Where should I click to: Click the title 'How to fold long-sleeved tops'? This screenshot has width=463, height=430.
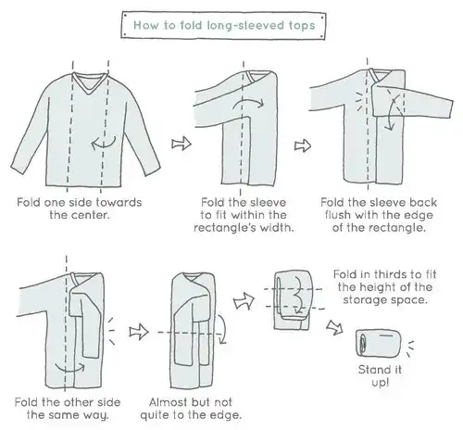click(x=224, y=25)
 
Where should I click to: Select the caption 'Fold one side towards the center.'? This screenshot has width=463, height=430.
click(x=80, y=209)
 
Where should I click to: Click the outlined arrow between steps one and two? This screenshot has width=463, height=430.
click(x=181, y=144)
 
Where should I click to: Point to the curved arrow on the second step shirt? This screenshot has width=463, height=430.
click(x=248, y=103)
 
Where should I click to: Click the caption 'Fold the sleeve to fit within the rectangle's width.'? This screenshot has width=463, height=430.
click(x=244, y=215)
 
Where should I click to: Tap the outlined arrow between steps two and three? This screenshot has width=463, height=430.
click(x=303, y=145)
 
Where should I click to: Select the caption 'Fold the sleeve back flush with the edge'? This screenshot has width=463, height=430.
click(x=379, y=209)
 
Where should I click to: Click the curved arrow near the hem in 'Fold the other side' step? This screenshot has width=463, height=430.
click(x=69, y=368)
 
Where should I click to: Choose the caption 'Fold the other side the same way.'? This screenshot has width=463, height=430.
click(x=68, y=409)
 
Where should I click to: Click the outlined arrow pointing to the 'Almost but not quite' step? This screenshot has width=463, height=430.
click(x=139, y=332)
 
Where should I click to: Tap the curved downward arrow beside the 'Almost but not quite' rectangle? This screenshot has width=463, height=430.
click(x=223, y=329)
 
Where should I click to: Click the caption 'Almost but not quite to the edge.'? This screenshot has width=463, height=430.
click(x=191, y=409)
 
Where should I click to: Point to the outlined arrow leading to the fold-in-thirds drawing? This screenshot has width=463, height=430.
click(x=244, y=300)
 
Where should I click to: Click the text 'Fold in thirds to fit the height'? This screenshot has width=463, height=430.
click(x=384, y=281)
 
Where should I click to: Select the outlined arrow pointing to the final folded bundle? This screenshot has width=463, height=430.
click(x=335, y=327)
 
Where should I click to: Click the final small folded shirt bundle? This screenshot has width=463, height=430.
click(x=379, y=343)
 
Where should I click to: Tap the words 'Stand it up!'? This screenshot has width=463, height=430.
click(x=380, y=376)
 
